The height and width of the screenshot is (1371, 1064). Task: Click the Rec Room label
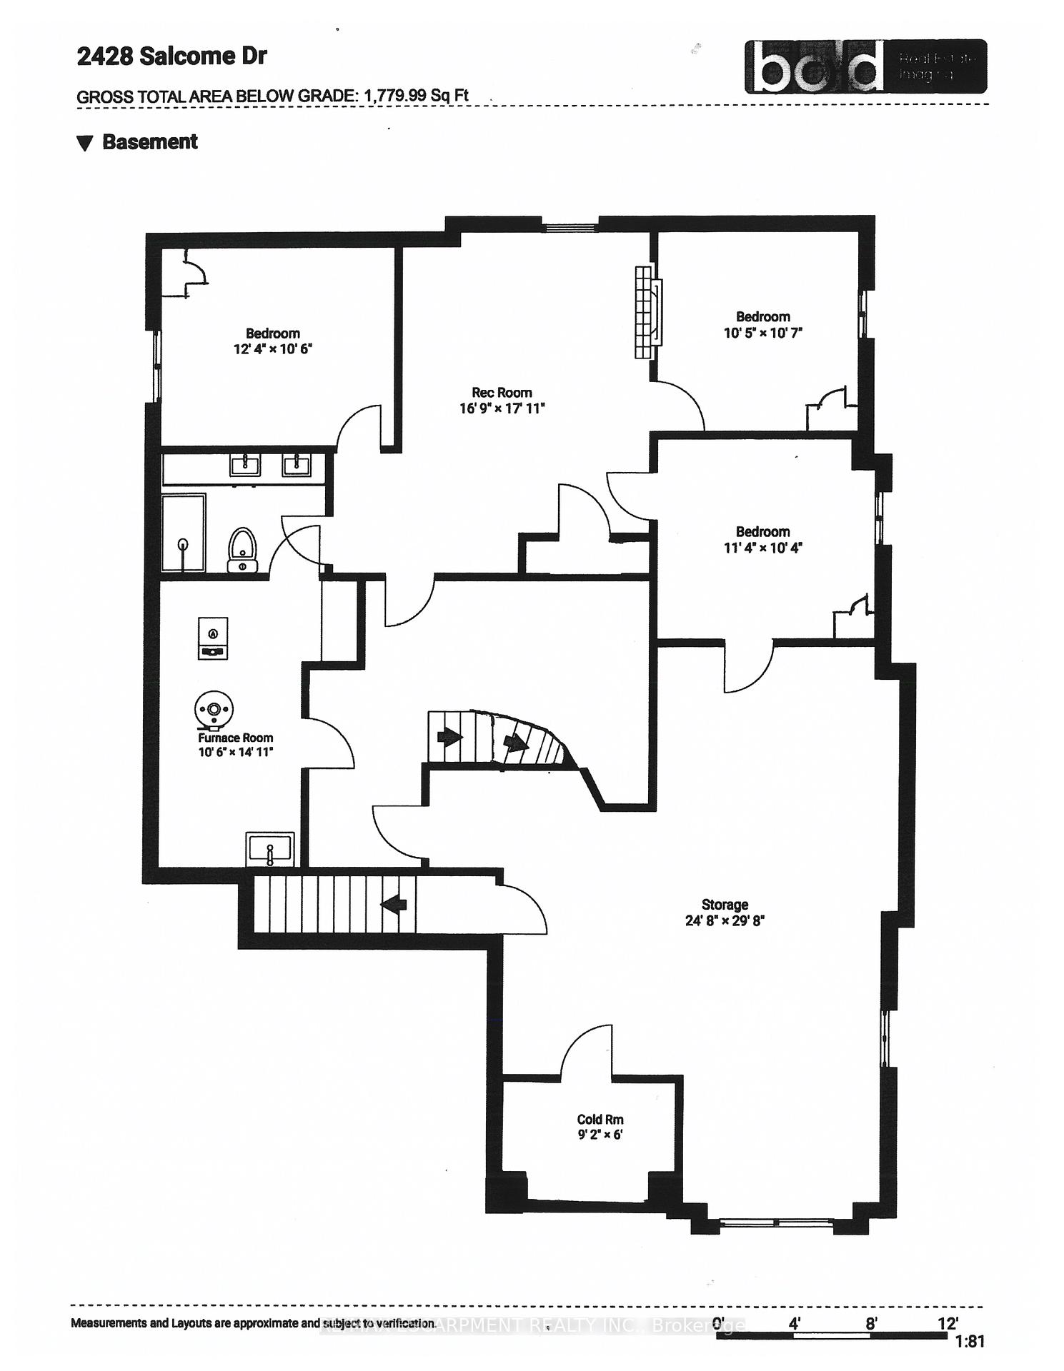point(502,393)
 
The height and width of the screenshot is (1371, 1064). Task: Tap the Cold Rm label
point(600,1119)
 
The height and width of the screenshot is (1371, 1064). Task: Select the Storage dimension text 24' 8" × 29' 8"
point(725,920)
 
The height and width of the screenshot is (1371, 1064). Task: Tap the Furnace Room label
point(235,738)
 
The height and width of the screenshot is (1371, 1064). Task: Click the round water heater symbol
point(214,709)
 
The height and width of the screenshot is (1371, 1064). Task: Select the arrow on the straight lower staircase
point(394,904)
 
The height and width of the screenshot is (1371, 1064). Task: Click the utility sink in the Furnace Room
point(270,849)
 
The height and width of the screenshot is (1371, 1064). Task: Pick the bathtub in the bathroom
point(184,533)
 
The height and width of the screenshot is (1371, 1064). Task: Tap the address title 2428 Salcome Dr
point(171,56)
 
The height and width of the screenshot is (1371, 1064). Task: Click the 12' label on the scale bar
point(948,1323)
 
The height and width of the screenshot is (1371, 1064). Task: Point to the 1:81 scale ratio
point(970,1342)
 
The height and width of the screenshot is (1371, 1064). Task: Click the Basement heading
point(149,142)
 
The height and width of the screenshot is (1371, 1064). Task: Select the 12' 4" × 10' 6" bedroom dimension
point(273,349)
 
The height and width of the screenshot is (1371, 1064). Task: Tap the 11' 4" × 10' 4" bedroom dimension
point(762,548)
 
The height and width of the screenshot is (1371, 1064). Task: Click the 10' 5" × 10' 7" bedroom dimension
point(763,333)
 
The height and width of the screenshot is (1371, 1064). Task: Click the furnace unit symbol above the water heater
point(213,638)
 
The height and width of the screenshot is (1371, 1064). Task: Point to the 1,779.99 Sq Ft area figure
point(416,96)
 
